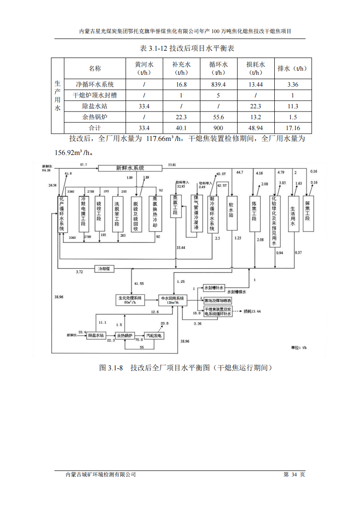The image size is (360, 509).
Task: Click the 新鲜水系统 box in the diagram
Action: tap(131, 168)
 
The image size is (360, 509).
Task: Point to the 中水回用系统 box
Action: tap(173, 300)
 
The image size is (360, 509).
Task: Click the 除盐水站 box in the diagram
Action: tap(96, 335)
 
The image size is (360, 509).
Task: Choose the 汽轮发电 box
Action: tap(153, 336)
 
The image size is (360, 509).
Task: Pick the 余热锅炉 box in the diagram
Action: tap(125, 336)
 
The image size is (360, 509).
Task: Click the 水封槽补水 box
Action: tap(214, 288)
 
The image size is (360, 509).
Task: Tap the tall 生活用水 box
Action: tap(294, 213)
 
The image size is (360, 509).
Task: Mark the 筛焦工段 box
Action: tap(308, 213)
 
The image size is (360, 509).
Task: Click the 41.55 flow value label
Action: tap(139, 283)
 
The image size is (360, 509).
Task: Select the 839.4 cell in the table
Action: tap(218, 84)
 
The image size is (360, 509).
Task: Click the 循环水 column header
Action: tap(218, 68)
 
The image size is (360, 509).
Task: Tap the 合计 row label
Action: tap(95, 128)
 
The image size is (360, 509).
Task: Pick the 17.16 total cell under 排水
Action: tap(292, 128)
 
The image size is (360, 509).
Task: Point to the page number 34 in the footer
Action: tap(294, 475)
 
